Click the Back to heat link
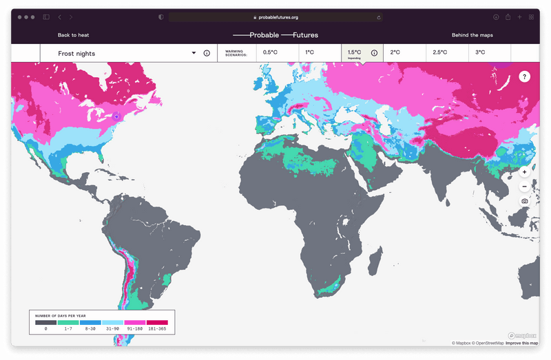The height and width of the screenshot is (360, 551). (x=73, y=35)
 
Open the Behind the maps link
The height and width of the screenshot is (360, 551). (x=472, y=35)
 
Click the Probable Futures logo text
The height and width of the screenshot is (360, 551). (x=275, y=35)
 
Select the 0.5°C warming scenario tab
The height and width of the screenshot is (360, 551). (x=271, y=52)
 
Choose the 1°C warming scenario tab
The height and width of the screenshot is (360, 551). (x=311, y=52)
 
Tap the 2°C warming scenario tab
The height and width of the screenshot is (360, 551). (x=395, y=52)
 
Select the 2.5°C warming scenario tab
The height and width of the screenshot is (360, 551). (x=439, y=52)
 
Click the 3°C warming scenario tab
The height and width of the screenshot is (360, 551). (x=480, y=52)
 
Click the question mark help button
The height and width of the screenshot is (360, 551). (x=525, y=76)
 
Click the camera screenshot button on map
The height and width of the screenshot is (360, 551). (x=525, y=201)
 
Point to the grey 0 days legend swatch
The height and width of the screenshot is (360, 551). (x=45, y=322)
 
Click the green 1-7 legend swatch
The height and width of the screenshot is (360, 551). (x=67, y=322)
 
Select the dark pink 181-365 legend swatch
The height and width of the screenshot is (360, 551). (x=156, y=322)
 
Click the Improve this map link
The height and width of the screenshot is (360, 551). (x=522, y=343)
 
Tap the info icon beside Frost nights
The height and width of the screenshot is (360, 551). (x=207, y=53)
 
